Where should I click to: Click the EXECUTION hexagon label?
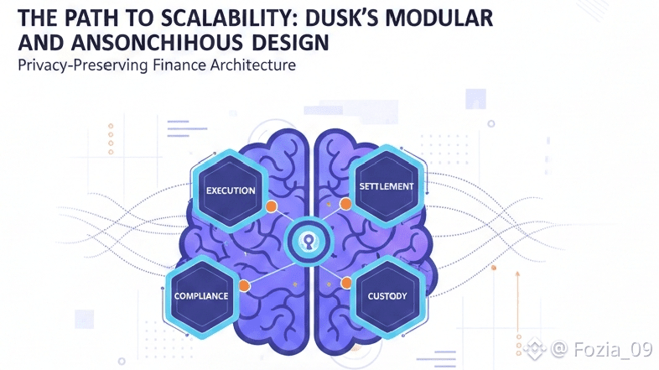click(x=231, y=190)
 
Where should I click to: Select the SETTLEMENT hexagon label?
click(x=386, y=185)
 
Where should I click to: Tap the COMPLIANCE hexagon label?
click(x=201, y=296)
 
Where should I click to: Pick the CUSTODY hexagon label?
click(x=387, y=296)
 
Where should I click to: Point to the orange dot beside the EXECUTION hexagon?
click(x=271, y=206)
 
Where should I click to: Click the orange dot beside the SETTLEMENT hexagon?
click(x=345, y=204)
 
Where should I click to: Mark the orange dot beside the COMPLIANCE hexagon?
click(x=245, y=286)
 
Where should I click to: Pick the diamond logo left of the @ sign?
click(x=535, y=347)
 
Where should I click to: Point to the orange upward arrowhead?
click(x=516, y=274)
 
